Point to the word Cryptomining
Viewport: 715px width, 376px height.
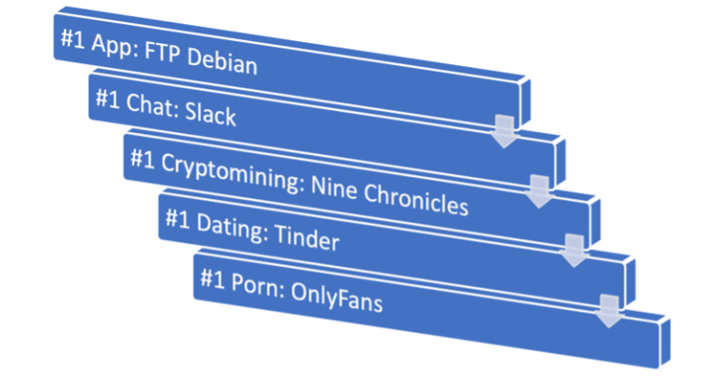pos(228,170)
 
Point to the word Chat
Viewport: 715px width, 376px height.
pos(149,107)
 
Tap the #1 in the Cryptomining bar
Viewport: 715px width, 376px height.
pos(142,158)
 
